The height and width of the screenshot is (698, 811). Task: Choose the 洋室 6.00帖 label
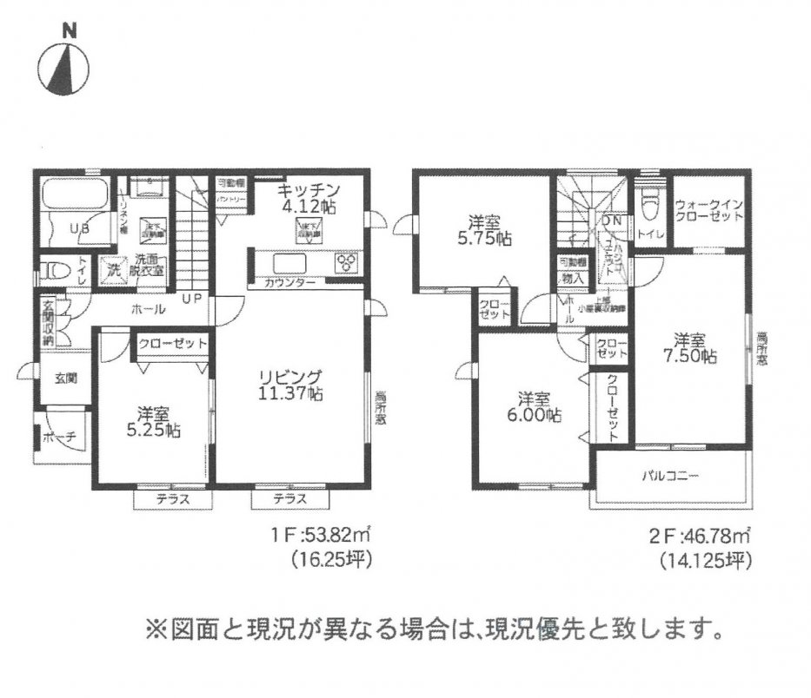(535, 408)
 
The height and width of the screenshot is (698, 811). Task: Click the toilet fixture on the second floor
(648, 204)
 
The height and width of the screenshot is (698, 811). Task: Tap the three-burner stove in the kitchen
(347, 262)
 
